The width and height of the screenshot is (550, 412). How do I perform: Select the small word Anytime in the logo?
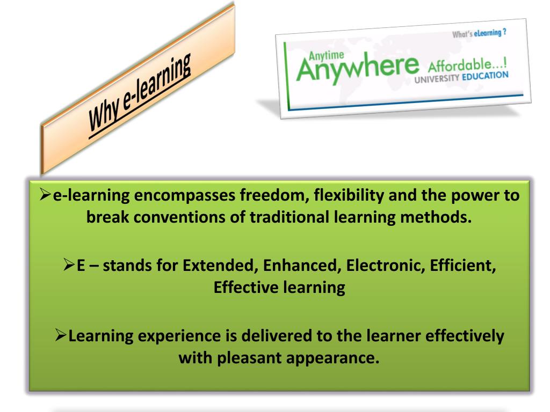pyautogui.click(x=326, y=55)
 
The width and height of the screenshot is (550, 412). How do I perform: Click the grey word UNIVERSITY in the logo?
pyautogui.click(x=437, y=78)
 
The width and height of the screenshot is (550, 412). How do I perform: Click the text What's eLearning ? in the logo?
pyautogui.click(x=479, y=33)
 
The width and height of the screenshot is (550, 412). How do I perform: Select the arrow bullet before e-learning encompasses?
pyautogui.click(x=46, y=194)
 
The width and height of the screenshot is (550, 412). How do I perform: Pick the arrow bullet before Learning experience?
pyautogui.click(x=61, y=335)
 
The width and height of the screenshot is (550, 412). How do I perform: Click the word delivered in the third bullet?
pyautogui.click(x=277, y=336)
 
